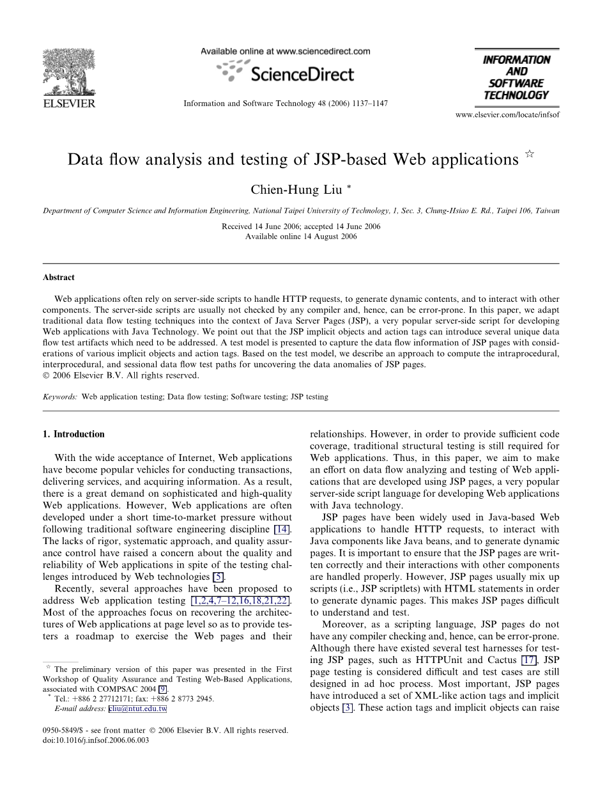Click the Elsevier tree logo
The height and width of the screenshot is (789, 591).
click(68, 74)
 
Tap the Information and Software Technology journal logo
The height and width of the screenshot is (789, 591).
click(516, 77)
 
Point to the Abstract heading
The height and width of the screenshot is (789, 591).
click(59, 277)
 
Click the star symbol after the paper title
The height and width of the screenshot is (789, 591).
click(529, 155)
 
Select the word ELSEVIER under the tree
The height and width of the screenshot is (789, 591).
click(68, 103)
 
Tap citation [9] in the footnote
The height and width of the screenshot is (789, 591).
click(164, 690)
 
